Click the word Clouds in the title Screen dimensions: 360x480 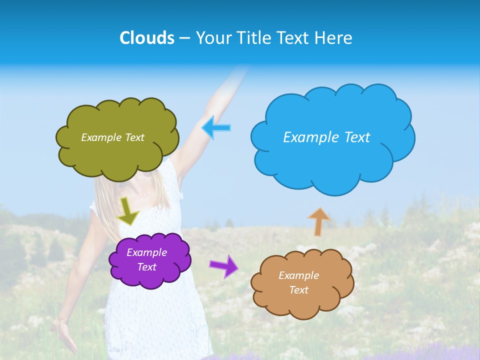click(x=147, y=38)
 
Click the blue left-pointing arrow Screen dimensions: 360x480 click(x=216, y=128)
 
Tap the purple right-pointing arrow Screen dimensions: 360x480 click(x=223, y=265)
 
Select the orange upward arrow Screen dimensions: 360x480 click(x=318, y=221)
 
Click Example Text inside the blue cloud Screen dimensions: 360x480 click(x=326, y=137)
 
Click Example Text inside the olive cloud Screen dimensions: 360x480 click(x=112, y=137)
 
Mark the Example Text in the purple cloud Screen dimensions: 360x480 click(x=147, y=259)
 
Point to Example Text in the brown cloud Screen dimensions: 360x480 click(x=298, y=282)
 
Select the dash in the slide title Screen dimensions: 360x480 click(x=184, y=38)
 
